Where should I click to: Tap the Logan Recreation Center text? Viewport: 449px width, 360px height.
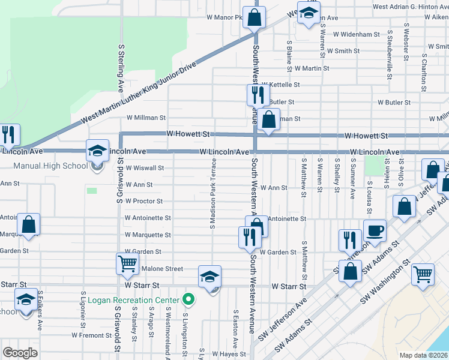134,300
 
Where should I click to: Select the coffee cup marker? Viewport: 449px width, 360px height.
375,231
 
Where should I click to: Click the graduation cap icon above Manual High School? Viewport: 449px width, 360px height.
97,151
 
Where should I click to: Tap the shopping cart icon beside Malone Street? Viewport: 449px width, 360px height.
128,264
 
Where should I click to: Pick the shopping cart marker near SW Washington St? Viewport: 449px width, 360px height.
423,274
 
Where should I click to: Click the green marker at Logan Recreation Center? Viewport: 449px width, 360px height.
188,299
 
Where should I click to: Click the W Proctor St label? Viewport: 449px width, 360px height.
143,202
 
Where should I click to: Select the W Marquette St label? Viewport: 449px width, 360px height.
147,235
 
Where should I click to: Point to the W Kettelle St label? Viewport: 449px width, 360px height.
280,85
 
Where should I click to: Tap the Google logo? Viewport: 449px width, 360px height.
20,353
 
